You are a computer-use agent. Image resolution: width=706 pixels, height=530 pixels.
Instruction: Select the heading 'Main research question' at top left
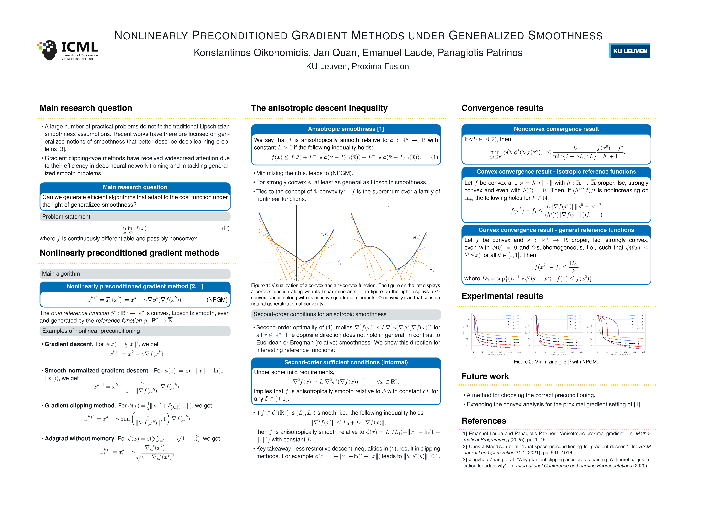[x=85, y=108]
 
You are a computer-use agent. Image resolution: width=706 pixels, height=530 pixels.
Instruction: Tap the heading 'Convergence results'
[x=502, y=108]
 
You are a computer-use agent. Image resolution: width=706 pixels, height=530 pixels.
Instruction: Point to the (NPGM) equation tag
[x=217, y=300]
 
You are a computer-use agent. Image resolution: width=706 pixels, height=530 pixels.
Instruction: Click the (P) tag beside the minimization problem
[x=226, y=228]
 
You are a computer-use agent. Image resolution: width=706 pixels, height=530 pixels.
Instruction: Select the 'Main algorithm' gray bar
[x=61, y=274]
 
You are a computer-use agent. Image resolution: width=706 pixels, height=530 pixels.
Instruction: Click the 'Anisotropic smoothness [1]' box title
[x=346, y=129]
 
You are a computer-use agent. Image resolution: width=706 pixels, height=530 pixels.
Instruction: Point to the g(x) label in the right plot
[x=416, y=237]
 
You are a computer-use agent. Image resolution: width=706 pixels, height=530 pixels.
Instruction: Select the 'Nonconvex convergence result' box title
[x=556, y=129]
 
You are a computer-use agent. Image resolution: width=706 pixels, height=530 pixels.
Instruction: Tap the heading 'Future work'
[x=485, y=376]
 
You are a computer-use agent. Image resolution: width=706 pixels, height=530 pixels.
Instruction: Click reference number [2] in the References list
[x=464, y=447]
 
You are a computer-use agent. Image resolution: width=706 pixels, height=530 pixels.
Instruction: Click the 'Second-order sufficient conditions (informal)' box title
[x=346, y=362]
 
